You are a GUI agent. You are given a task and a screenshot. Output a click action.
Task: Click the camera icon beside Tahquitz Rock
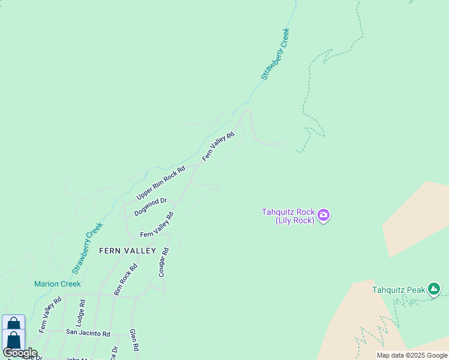click(324, 215)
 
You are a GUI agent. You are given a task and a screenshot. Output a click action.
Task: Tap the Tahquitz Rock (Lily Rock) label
click(288, 216)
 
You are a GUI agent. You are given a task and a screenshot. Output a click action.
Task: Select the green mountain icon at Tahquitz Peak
click(434, 290)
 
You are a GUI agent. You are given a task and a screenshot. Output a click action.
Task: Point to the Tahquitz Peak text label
click(399, 290)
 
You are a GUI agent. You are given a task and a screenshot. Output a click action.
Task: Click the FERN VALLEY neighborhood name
click(127, 251)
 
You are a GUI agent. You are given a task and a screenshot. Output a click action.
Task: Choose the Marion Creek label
click(57, 284)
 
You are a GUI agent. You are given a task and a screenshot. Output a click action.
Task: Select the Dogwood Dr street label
click(150, 207)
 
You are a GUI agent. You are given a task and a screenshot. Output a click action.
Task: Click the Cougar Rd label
click(163, 262)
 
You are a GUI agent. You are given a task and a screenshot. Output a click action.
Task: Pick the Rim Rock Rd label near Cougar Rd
click(126, 280)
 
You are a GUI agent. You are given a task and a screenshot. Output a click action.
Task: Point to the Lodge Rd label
click(81, 312)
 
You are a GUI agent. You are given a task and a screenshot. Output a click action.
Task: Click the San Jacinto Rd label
click(88, 333)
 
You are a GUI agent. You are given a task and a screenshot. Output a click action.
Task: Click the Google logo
click(20, 353)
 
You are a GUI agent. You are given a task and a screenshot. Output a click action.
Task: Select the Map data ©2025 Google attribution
click(412, 355)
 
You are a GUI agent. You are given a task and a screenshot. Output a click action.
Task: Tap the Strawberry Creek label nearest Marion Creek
click(88, 248)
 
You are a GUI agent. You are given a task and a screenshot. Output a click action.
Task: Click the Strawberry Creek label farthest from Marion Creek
click(276, 54)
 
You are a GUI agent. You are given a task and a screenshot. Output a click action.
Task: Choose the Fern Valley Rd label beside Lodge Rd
click(50, 315)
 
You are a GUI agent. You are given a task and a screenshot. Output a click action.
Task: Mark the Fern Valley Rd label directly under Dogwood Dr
click(157, 225)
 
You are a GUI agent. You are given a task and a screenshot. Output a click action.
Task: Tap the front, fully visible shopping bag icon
click(13, 340)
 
